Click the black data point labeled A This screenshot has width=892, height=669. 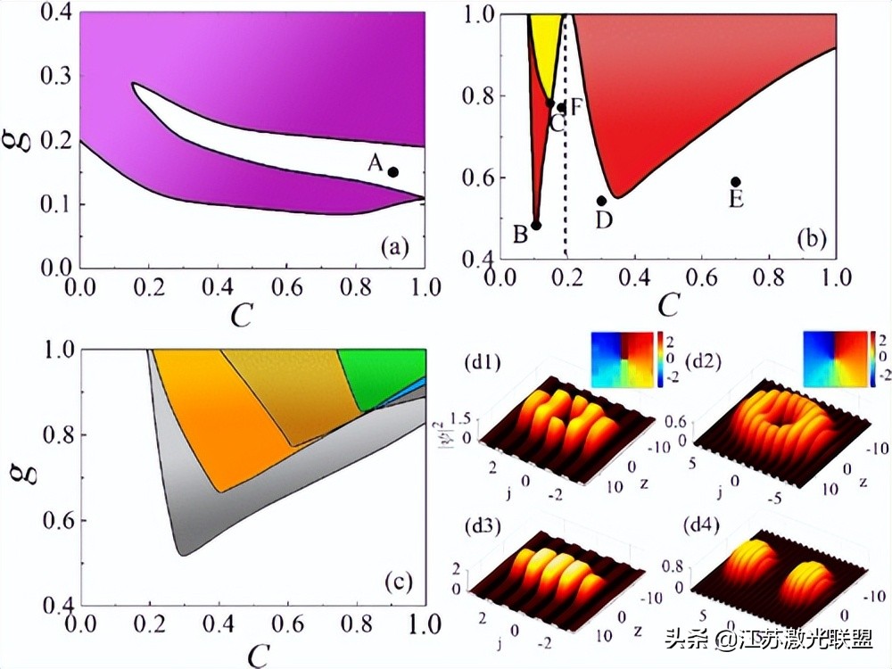coord(392,171)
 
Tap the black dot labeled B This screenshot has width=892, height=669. coord(536,225)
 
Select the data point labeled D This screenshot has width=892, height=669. coord(602,201)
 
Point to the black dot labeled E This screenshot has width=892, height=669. coord(735,182)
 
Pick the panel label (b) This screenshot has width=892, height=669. coord(811,238)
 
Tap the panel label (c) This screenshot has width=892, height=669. coord(397,583)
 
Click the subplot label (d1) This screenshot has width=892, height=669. coord(483,364)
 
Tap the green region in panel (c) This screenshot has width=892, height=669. coord(384,375)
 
